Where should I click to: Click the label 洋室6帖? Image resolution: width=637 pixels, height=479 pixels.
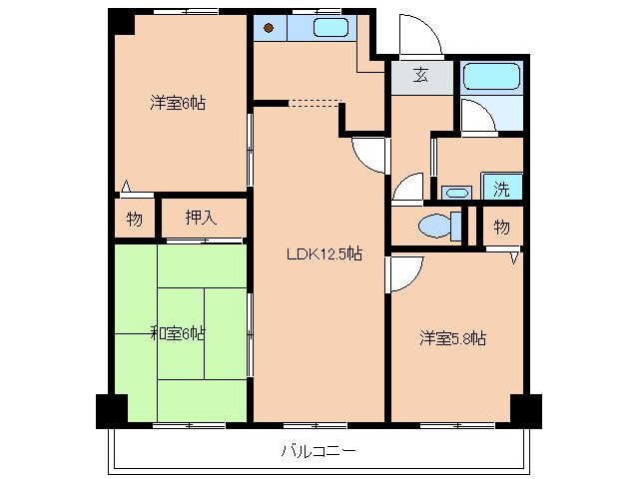178,103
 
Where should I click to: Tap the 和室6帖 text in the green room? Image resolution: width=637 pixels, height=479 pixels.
178,332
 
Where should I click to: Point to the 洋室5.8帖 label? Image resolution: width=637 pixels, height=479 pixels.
452,338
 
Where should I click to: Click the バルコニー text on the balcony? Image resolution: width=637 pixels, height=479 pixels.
318,450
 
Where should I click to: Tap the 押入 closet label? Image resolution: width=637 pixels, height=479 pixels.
202,219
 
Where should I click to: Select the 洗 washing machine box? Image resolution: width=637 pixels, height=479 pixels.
502,187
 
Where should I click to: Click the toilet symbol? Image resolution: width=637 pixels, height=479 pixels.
437,226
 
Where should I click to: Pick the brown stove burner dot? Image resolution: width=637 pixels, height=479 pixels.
269,28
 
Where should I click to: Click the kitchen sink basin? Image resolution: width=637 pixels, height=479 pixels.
330,28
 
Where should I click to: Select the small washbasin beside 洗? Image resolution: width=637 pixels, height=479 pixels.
457,192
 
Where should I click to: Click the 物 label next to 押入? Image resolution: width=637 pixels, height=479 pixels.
134,219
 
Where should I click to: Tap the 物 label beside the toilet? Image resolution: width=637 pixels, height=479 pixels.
501,227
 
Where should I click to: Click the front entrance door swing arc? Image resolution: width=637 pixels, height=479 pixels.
417,36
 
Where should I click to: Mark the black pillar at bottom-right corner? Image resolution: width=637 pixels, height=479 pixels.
525,408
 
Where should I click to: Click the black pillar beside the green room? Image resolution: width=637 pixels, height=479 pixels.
111,409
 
